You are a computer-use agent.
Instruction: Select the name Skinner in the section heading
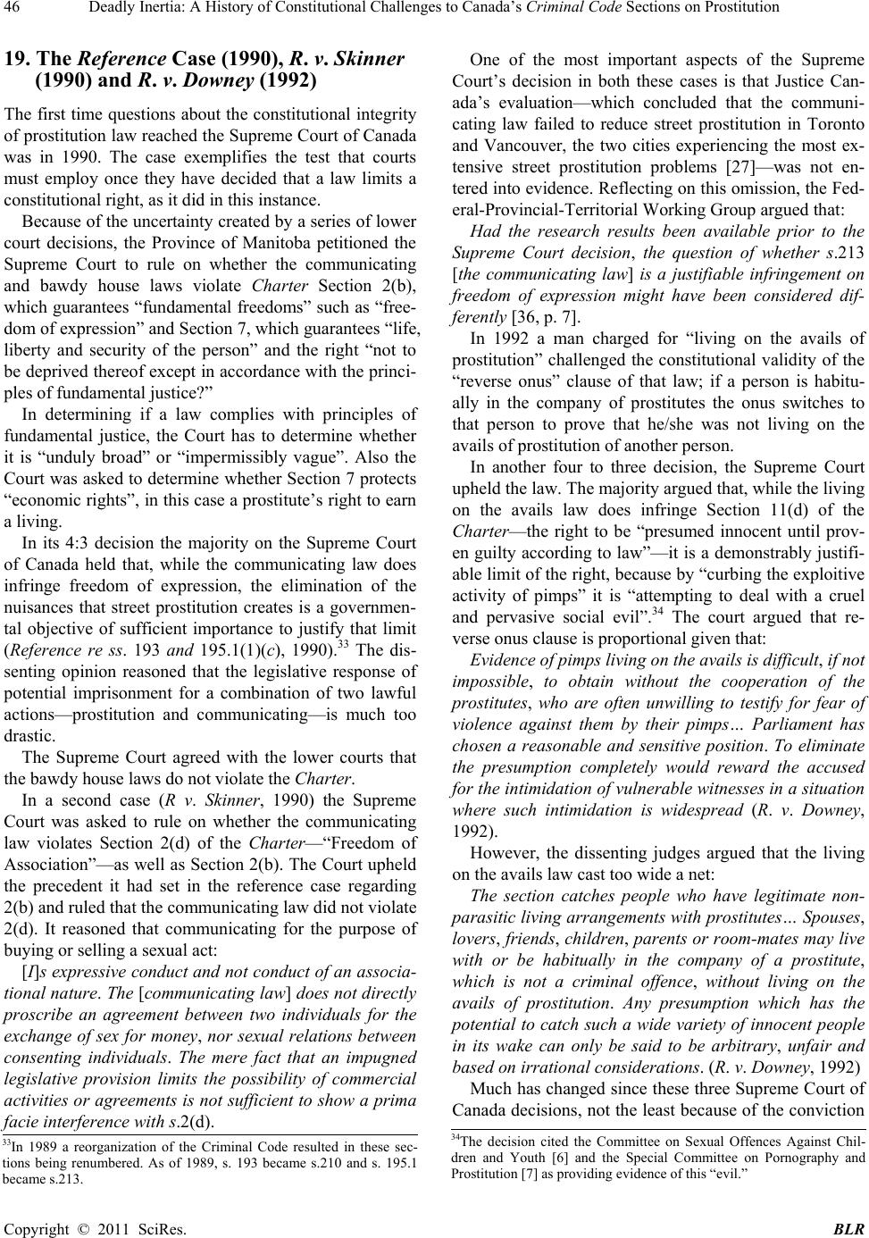372,61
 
